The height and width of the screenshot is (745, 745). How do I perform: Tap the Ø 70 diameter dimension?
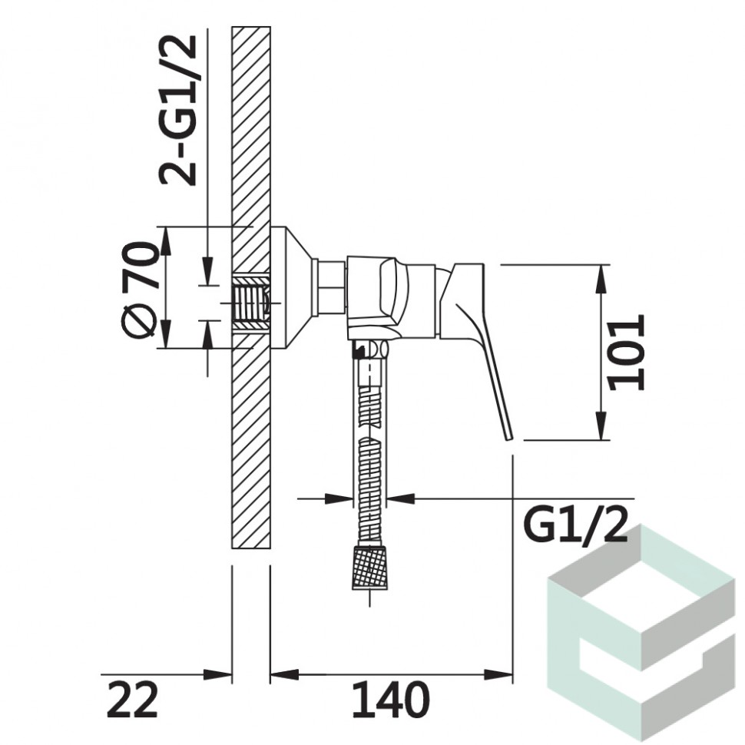click(x=139, y=290)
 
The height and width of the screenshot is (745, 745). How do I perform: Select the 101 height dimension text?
click(x=627, y=352)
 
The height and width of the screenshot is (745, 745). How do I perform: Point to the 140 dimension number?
click(x=391, y=700)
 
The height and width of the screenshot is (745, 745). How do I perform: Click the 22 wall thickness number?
click(x=132, y=700)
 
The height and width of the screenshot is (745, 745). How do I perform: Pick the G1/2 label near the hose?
click(x=575, y=526)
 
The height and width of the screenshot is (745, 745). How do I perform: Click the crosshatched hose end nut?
click(x=369, y=568)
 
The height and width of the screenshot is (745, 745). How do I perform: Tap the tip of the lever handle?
click(x=510, y=438)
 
